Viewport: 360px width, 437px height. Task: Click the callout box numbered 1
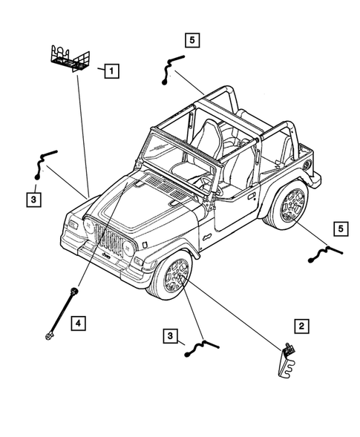pyautogui.click(x=111, y=72)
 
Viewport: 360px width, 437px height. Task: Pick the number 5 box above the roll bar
pyautogui.click(x=193, y=42)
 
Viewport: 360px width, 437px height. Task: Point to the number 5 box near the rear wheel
pyautogui.click(x=340, y=229)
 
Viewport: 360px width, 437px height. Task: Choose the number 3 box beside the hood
pyautogui.click(x=34, y=199)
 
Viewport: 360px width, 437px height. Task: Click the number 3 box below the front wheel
pyautogui.click(x=171, y=337)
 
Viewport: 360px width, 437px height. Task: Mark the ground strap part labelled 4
pyautogui.click(x=61, y=311)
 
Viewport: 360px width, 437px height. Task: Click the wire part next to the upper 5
pyautogui.click(x=168, y=70)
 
